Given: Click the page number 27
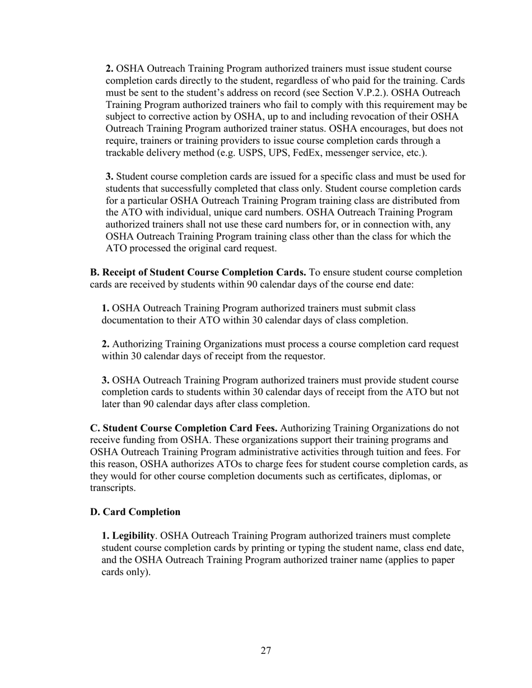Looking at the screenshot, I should click(x=266, y=651).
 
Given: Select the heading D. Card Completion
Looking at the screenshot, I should click(x=135, y=512).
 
